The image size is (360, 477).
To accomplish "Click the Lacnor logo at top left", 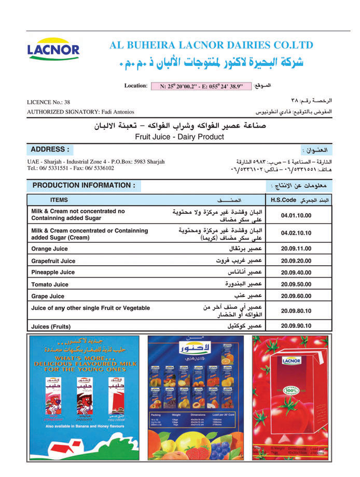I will pos(53,50).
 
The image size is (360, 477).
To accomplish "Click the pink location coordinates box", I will pos(201,86).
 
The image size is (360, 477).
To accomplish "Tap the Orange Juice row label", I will pos(49,249).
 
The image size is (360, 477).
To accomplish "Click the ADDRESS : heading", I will pos(50,149).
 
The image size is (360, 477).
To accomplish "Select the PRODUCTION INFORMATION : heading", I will pos(84,185).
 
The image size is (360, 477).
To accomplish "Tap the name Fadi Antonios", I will pos(117,112).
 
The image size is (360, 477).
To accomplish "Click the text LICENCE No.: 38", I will pos(48,102).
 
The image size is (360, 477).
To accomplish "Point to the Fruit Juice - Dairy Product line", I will pos(179,137).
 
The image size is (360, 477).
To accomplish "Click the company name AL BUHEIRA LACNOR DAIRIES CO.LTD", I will pos(212,45).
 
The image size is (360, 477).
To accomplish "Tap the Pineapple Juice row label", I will pos(53,272).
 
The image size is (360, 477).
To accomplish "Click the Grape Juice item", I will pos(48,296).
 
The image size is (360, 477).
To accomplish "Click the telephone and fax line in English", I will pos(71,168).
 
